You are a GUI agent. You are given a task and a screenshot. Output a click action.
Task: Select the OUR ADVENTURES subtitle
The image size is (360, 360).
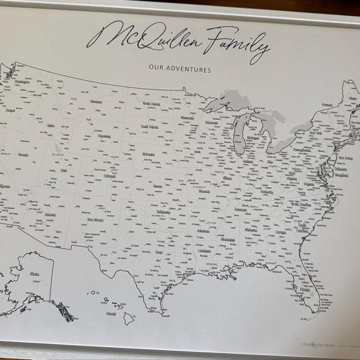pos(180,70)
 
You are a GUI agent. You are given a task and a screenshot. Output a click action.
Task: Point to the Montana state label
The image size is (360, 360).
pos(97,102)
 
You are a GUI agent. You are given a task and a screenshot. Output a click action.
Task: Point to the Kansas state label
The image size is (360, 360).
pos(158,187)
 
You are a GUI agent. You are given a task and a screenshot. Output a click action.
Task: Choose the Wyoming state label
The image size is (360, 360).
pos(104,136)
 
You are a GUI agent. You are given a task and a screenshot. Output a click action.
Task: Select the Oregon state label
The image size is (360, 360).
pos(10,110)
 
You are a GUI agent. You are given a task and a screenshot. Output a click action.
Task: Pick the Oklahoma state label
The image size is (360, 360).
pos(163,212)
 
